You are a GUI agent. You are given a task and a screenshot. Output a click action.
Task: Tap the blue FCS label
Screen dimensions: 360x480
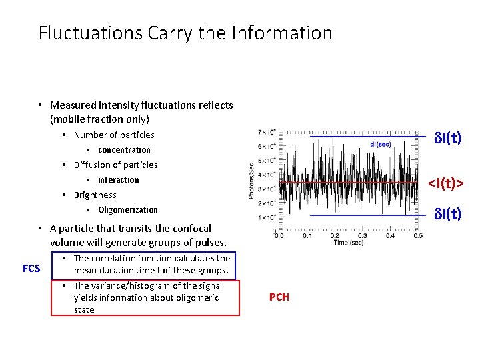pos(31,269)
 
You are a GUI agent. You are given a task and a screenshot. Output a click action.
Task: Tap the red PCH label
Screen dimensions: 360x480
pos(279,297)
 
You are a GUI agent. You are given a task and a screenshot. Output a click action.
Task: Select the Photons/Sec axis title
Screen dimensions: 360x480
pos(251,180)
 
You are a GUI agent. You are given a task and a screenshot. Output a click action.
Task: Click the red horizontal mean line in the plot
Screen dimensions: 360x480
pos(347,182)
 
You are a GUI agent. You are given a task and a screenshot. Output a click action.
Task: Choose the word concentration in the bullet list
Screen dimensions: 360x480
pos(124,150)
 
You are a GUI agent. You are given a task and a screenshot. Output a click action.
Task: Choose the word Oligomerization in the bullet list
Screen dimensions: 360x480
pos(128,210)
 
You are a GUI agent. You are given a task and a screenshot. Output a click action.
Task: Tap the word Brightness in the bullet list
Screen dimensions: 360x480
pos(95,195)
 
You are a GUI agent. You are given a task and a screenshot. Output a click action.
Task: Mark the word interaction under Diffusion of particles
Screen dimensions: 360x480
pos(119,180)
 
